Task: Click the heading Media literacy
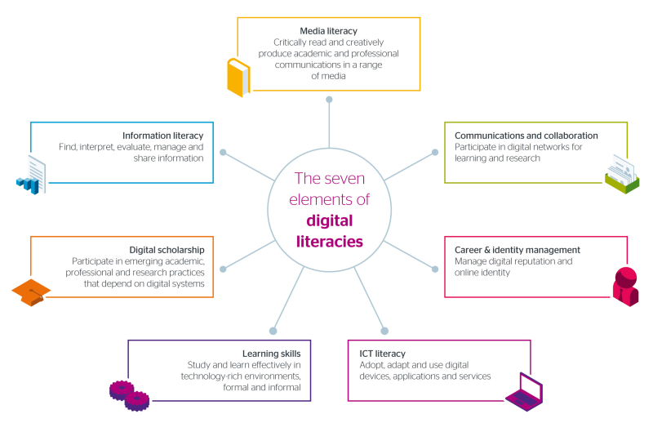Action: pos(329,31)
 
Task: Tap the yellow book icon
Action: pos(237,78)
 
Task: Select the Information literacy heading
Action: pos(162,135)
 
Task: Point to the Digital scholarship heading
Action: pos(167,249)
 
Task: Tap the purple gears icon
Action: pos(129,394)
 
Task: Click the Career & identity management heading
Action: pos(518,249)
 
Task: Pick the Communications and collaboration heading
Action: pos(526,135)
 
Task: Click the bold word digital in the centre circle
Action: pos(331,220)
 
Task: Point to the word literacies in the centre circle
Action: pos(330,241)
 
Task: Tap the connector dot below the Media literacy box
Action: pos(329,100)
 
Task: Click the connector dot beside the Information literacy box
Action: pos(224,153)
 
